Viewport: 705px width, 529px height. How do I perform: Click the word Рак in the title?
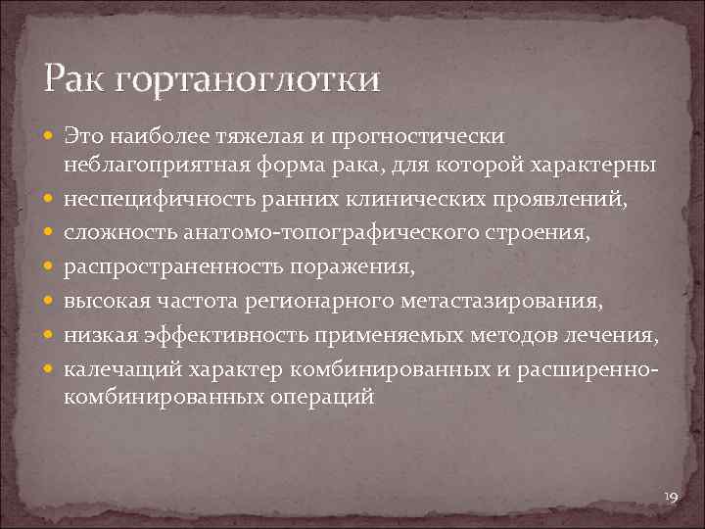(75, 77)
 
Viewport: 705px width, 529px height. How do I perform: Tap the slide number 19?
(671, 499)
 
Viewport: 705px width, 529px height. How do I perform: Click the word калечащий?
(110, 370)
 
